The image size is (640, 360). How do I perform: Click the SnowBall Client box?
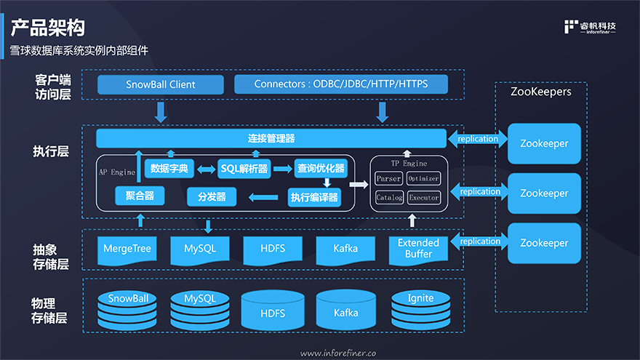[161, 84]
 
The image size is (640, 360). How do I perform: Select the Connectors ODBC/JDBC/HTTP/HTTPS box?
[340, 84]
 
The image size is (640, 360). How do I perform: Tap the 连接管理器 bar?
[271, 138]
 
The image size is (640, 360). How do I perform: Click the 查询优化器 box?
[320, 169]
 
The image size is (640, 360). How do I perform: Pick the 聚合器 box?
[139, 196]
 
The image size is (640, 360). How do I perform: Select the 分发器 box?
[212, 196]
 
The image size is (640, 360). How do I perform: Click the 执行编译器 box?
[314, 196]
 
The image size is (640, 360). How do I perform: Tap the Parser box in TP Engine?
[388, 178]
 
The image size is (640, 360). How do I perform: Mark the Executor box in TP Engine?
[423, 197]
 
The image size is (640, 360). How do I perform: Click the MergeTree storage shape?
[127, 249]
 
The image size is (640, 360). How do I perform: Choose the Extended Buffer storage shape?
[418, 249]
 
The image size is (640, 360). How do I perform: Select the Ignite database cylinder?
[420, 308]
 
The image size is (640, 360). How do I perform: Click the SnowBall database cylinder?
[128, 310]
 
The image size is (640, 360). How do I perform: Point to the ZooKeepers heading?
[540, 92]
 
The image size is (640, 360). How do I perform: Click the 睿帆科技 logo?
[590, 28]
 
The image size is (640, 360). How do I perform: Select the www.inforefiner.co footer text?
[338, 353]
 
